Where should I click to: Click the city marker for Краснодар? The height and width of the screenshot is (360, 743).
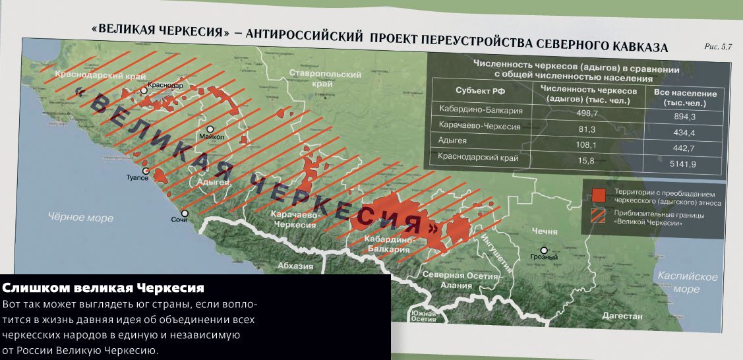144,91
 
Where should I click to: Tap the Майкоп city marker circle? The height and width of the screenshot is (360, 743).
210,130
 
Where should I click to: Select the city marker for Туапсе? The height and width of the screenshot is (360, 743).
146,171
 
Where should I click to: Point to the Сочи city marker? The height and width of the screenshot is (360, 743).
185,213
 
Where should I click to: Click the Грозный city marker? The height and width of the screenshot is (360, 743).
544,250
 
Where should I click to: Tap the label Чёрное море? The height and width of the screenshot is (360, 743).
78,216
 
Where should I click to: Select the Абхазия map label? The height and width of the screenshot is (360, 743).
295,266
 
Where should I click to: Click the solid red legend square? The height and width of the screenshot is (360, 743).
599,195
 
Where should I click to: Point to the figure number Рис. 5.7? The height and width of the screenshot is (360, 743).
719,47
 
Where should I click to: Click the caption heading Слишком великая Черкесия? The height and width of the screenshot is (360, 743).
104,288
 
